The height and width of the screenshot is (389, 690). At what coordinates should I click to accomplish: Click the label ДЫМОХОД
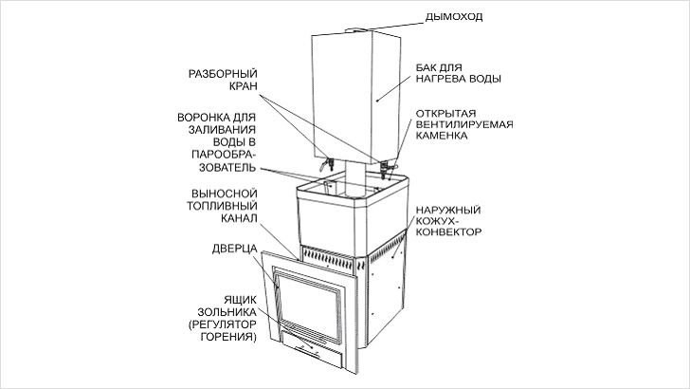click(454, 17)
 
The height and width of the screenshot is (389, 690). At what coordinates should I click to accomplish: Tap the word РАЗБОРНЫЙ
click(223, 74)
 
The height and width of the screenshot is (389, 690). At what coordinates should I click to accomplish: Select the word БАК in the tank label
click(427, 68)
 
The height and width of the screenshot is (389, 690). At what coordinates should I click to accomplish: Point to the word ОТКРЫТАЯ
click(445, 114)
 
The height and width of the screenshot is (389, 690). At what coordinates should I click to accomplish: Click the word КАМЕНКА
click(442, 136)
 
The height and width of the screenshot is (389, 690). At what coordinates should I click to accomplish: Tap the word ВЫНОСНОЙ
click(225, 194)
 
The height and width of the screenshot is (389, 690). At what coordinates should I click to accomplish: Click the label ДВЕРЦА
click(234, 249)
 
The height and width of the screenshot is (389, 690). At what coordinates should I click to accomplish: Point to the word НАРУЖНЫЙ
click(448, 210)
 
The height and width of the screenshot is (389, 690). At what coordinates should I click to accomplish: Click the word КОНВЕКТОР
click(448, 232)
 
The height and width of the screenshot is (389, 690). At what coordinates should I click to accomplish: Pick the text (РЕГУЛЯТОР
click(222, 324)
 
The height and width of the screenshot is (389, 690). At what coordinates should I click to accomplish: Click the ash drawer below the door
click(313, 351)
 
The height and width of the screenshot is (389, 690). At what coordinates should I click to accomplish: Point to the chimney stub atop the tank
click(357, 30)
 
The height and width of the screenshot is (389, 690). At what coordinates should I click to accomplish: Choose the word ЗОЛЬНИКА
click(227, 312)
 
